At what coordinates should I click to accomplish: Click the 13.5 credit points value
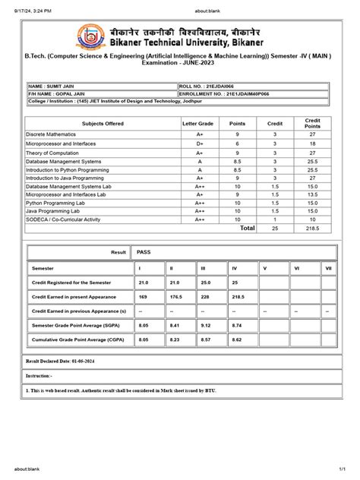[x=312, y=194]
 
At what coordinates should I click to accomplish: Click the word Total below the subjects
[x=248, y=228]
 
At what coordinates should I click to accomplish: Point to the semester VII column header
[x=328, y=269]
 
